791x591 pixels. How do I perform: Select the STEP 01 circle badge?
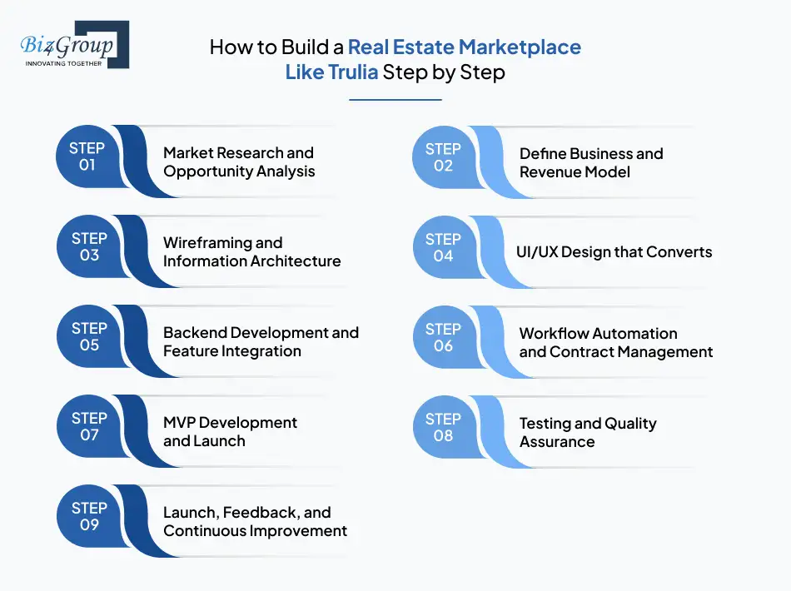coord(87,156)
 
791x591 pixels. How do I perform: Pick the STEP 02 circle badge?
coord(443,157)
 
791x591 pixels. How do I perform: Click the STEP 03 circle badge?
coord(89,246)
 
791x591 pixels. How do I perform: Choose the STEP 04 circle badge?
coord(443,247)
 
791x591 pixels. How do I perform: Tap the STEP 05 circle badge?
coord(89,336)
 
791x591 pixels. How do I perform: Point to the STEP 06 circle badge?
coord(443,337)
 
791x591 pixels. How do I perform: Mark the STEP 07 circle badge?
coord(89,426)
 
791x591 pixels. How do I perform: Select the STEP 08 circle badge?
coord(443,427)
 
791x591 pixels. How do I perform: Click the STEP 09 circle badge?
coord(89,516)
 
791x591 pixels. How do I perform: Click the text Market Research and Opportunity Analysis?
coord(239,162)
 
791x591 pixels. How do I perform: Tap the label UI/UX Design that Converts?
coord(615,251)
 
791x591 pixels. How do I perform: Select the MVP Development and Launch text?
coord(230,432)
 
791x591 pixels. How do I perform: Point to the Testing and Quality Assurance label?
coord(588,432)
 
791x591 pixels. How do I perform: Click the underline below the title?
coord(395,100)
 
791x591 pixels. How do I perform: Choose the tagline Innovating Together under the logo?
coord(64,63)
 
